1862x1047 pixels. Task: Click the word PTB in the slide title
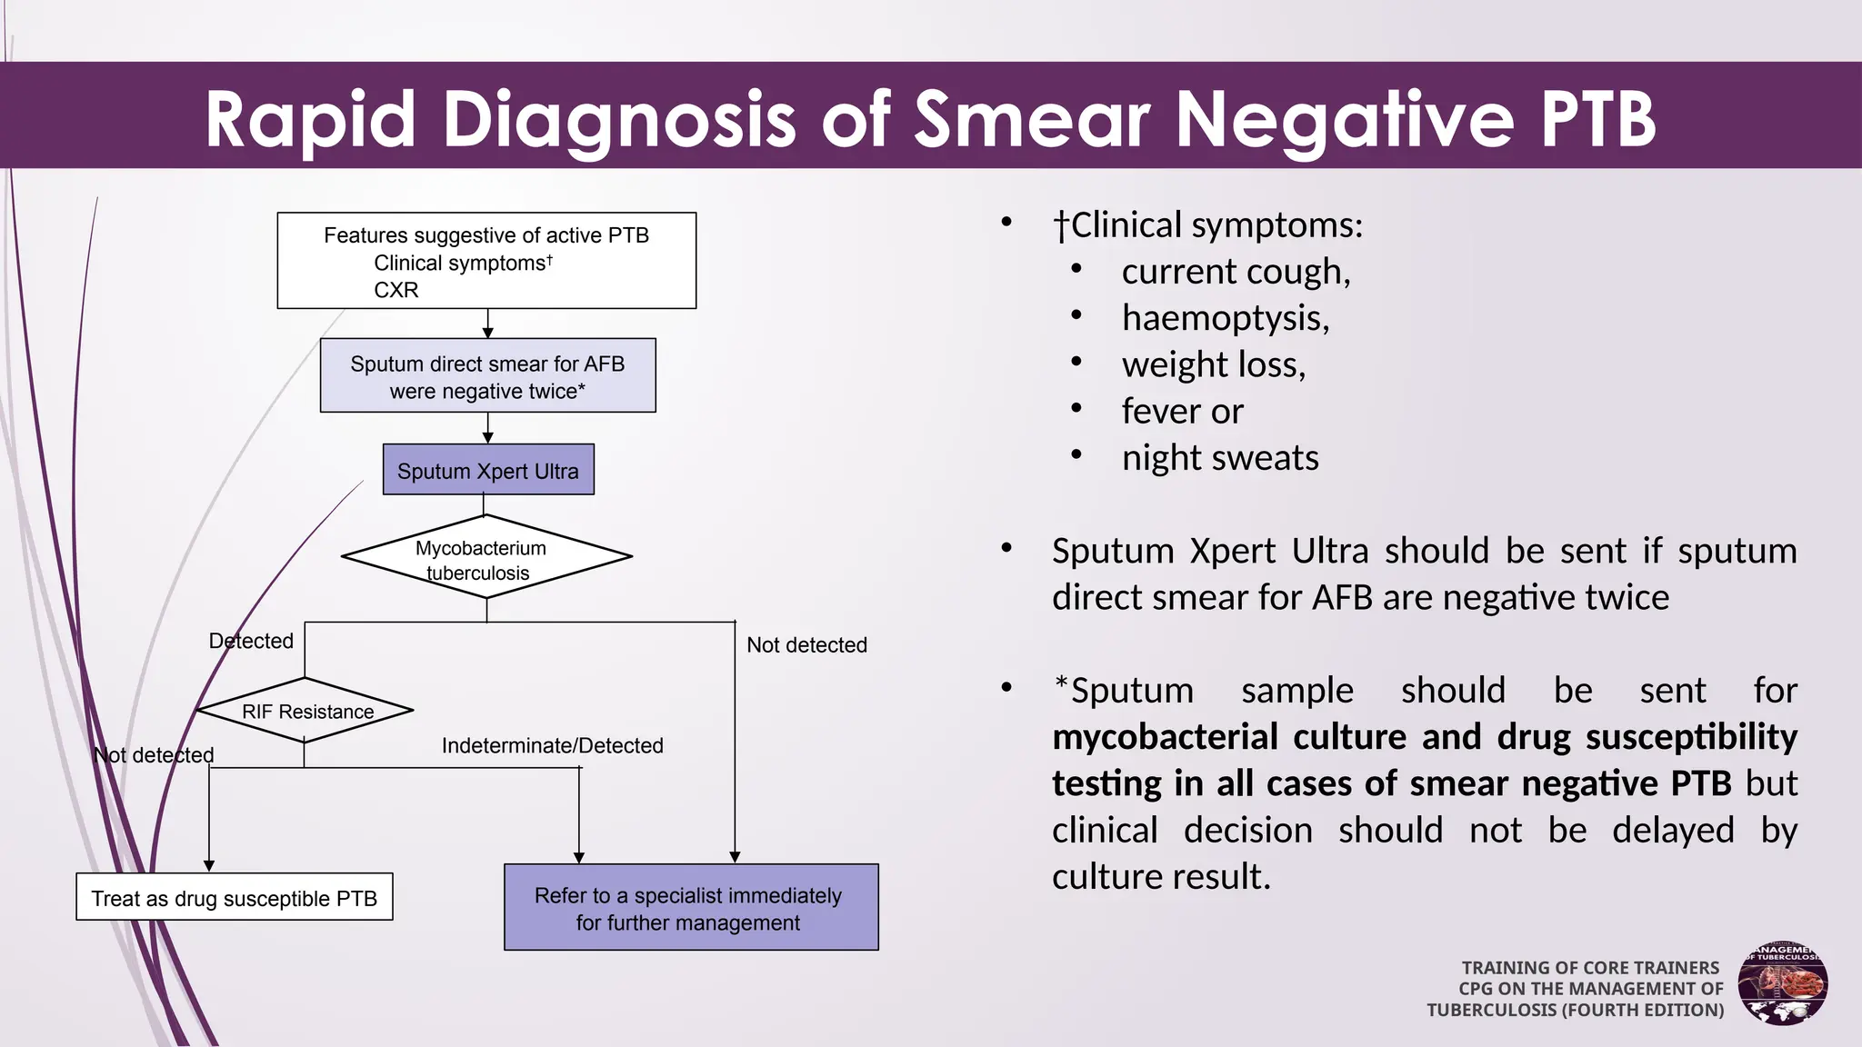click(1598, 119)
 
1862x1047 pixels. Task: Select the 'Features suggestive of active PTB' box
click(486, 260)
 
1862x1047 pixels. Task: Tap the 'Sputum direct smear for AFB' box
click(487, 376)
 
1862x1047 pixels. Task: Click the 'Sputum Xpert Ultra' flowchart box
click(488, 470)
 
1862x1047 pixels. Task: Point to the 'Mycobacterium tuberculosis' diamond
click(486, 557)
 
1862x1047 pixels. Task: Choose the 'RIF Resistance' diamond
click(305, 711)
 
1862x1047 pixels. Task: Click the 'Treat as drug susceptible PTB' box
click(235, 897)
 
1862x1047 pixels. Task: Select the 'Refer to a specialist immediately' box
click(691, 908)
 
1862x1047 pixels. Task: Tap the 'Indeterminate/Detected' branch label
click(552, 745)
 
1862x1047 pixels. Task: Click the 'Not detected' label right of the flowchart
click(806, 644)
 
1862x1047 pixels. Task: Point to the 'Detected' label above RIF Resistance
click(251, 641)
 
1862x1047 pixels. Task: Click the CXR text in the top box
click(396, 290)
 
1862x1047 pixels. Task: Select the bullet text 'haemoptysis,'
click(1225, 318)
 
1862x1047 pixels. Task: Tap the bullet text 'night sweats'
click(1220, 457)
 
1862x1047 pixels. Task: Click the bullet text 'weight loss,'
click(1214, 364)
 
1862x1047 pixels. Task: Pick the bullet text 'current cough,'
click(1236, 271)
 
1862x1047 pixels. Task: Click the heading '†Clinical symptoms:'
click(1207, 224)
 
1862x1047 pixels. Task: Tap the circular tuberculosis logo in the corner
click(1783, 983)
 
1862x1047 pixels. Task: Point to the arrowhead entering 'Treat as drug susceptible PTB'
click(209, 866)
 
